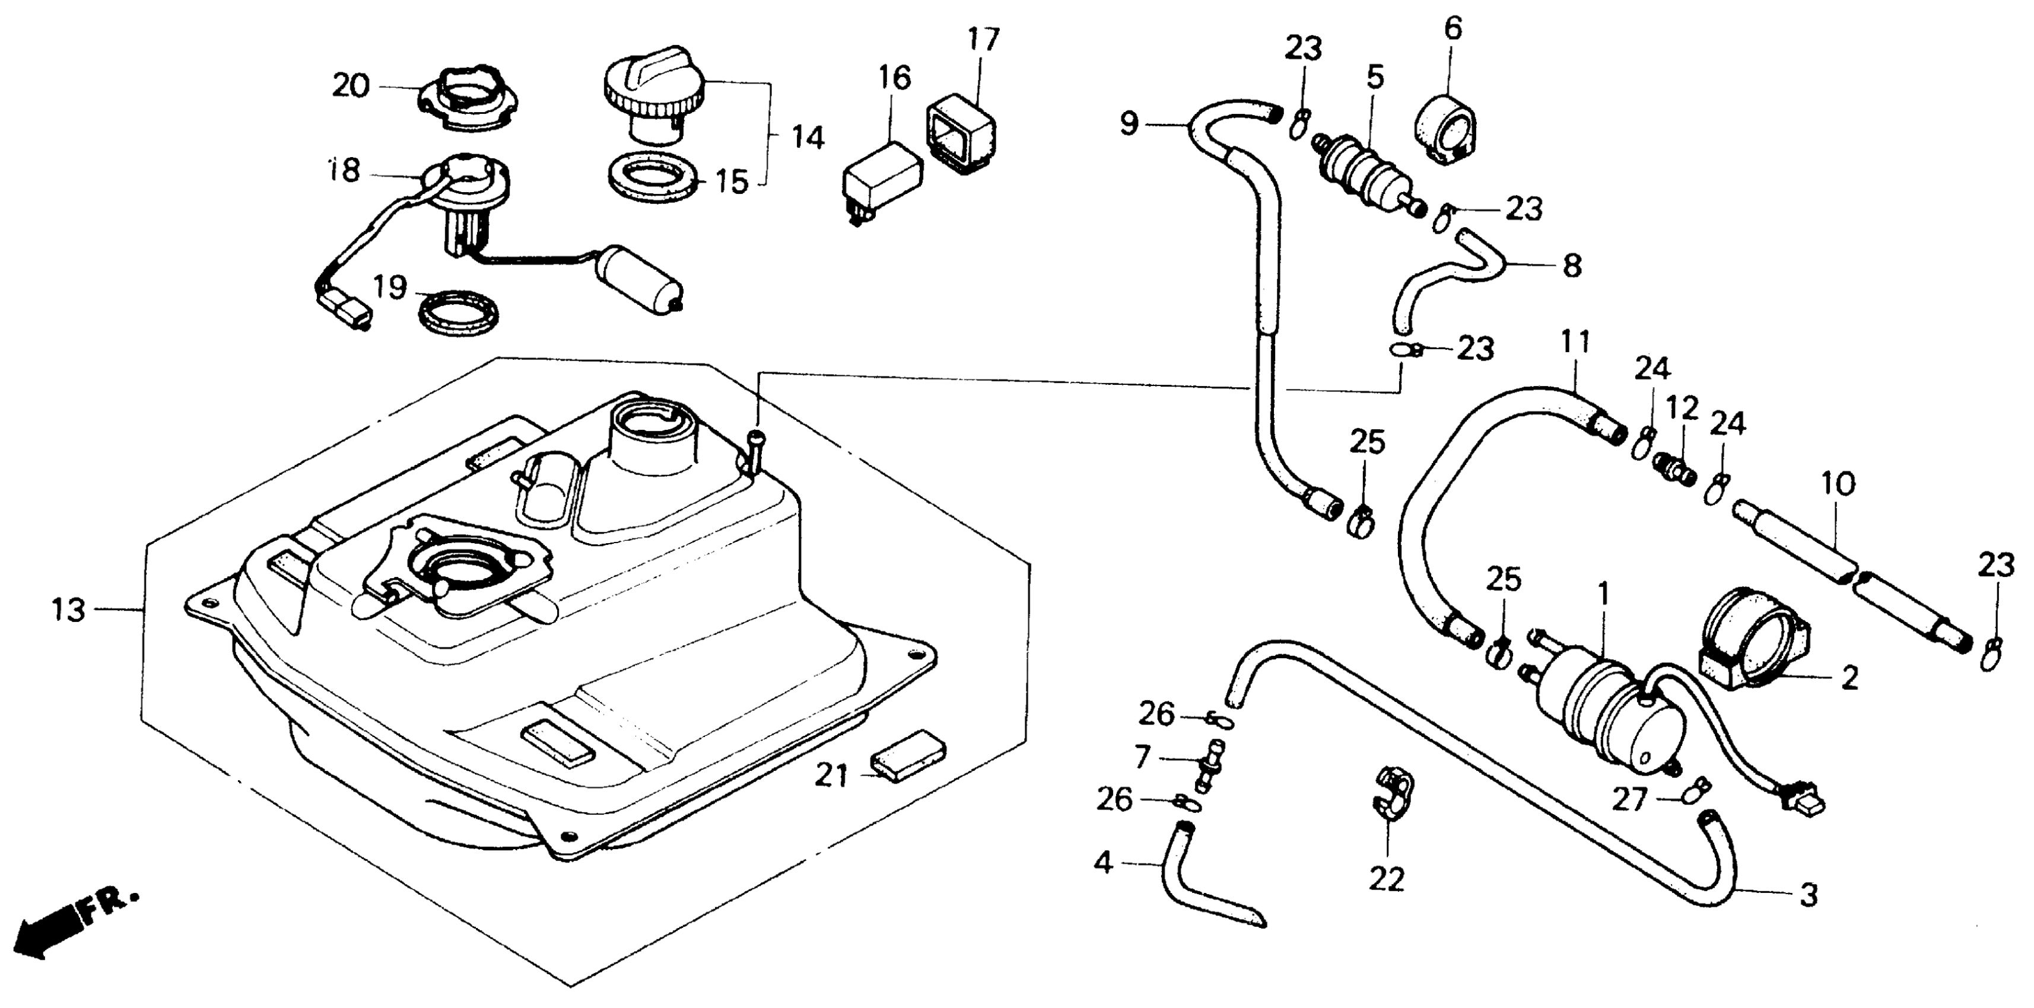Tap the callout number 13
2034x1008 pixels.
click(69, 610)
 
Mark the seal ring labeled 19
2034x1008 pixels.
click(459, 311)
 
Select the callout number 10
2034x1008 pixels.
click(1838, 484)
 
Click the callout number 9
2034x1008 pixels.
click(1130, 123)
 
